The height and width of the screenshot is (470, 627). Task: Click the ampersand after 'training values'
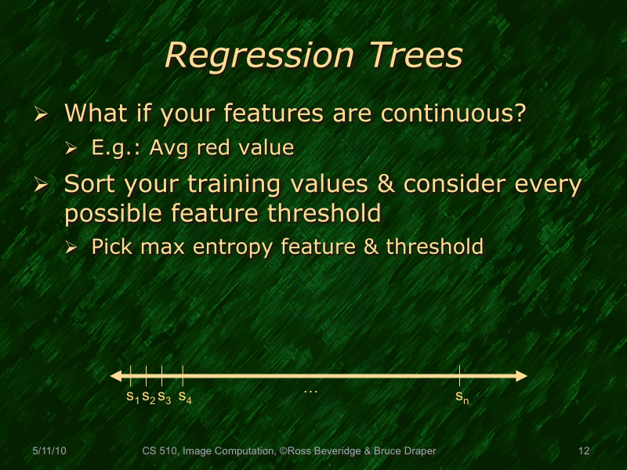pyautogui.click(x=388, y=185)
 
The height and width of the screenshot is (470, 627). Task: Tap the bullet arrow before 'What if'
pyautogui.click(x=42, y=114)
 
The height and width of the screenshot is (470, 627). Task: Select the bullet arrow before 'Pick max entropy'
pyautogui.click(x=71, y=248)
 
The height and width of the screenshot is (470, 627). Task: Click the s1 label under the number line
pyautogui.click(x=132, y=397)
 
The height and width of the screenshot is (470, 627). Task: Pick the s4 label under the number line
pyautogui.click(x=185, y=397)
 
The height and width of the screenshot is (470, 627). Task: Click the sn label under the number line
pyautogui.click(x=462, y=397)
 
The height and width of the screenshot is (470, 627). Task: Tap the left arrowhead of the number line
pyautogui.click(x=115, y=376)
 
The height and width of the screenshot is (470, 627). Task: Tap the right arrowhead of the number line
pyautogui.click(x=521, y=376)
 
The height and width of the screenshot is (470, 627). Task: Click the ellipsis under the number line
pyautogui.click(x=310, y=389)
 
